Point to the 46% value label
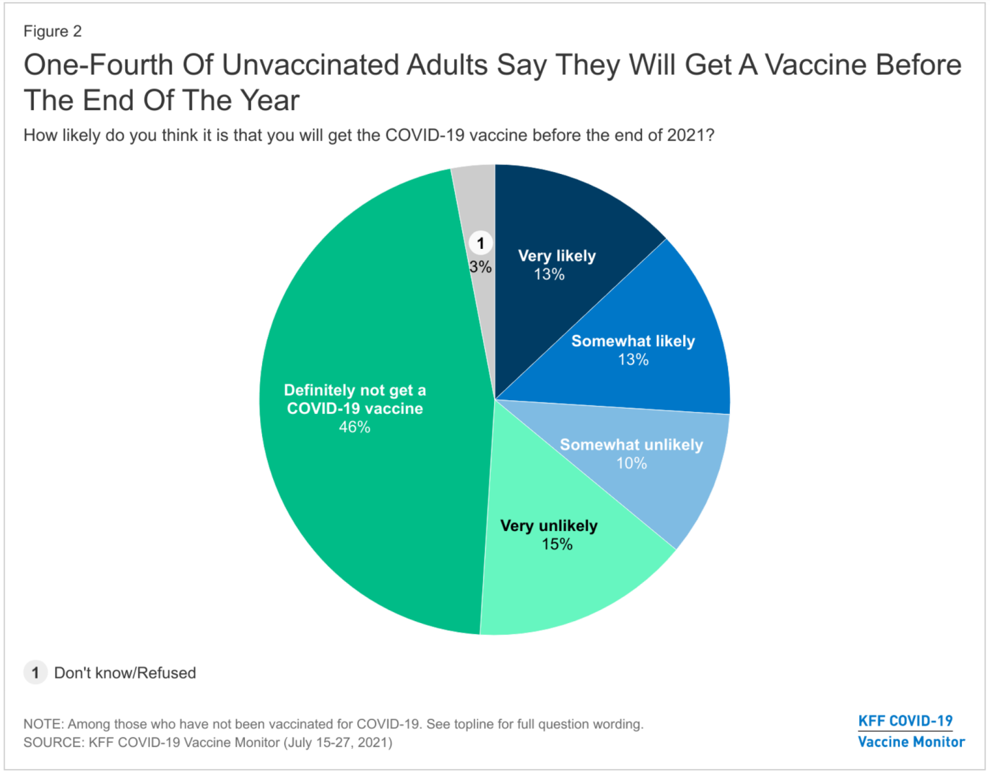[354, 427]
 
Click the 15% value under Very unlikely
[557, 545]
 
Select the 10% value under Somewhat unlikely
[631, 464]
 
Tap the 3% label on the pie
[480, 267]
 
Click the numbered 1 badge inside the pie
[481, 243]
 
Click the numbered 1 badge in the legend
[35, 673]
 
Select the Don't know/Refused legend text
[125, 673]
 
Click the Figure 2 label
[52, 32]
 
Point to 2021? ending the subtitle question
[690, 135]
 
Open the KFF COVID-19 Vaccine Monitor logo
[910, 731]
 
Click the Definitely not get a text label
[354, 391]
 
